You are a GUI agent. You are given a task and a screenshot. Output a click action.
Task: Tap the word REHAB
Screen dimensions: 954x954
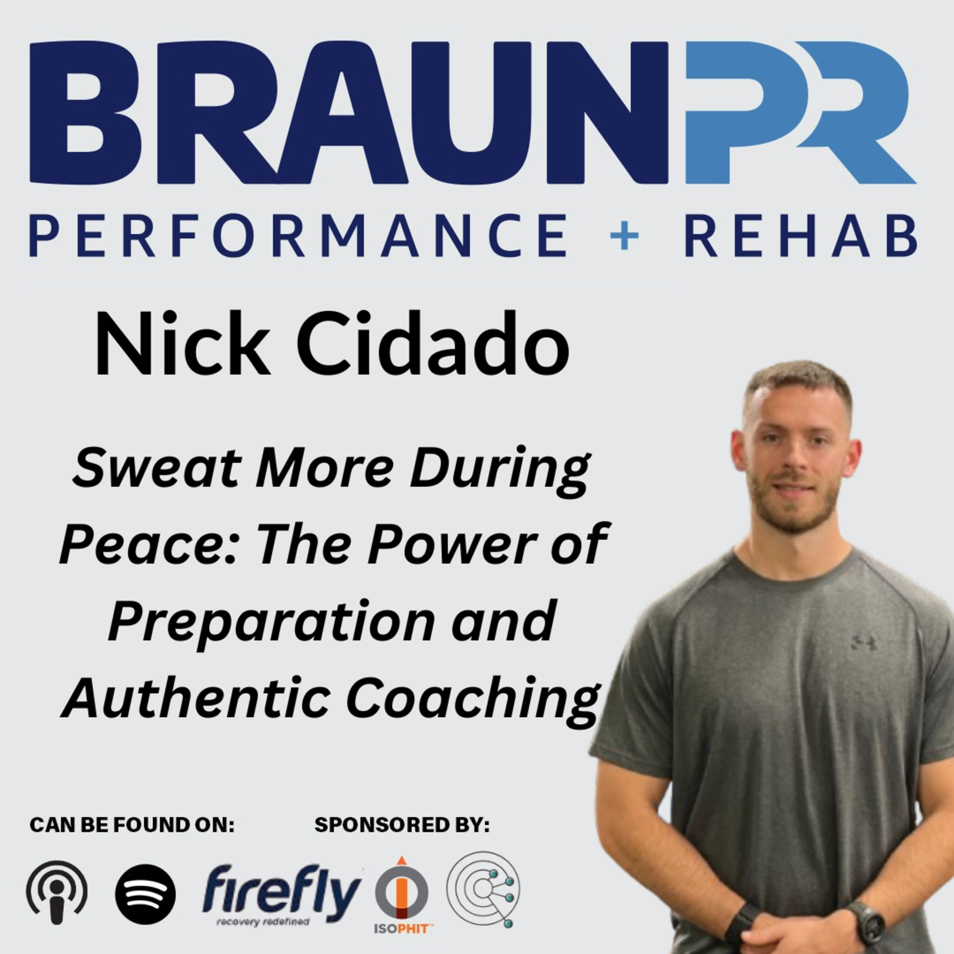[x=800, y=236]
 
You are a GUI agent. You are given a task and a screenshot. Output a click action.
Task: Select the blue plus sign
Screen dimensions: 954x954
[x=625, y=236]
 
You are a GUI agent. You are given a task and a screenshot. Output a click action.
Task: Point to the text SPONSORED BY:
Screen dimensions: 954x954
[x=402, y=825]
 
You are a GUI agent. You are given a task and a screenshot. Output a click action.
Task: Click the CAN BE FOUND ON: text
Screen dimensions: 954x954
[x=132, y=825]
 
